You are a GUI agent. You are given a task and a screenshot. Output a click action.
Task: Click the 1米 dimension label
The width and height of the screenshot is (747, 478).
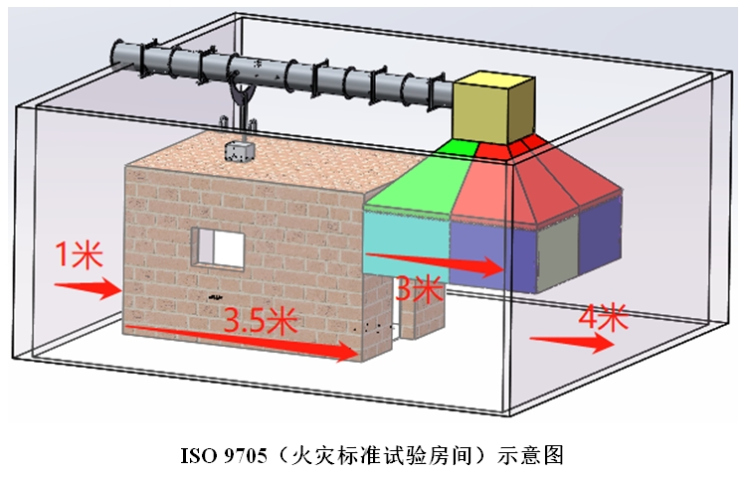coord(80,254)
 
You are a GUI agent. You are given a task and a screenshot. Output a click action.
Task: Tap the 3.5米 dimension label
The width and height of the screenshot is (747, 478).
coord(261,320)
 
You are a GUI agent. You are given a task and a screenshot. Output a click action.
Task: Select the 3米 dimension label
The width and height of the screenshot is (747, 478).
coord(419,288)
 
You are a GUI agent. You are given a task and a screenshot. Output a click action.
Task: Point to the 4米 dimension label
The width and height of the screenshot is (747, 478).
coord(603,318)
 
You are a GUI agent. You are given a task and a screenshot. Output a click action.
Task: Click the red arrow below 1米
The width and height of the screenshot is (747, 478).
coord(89,288)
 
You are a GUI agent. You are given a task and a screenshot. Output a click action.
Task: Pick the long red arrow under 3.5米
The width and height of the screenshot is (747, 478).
coord(242,342)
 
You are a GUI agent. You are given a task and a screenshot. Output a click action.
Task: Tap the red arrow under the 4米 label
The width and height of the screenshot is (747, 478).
coord(572,342)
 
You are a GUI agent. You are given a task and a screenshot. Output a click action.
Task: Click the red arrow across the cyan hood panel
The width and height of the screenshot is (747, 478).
coord(435,264)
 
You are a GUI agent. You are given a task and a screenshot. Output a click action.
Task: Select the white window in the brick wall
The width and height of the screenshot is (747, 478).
coord(218,247)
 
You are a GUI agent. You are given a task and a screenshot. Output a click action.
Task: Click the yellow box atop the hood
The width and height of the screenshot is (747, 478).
coord(493,107)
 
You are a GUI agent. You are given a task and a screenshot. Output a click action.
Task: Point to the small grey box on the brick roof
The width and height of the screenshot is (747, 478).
coord(239,151)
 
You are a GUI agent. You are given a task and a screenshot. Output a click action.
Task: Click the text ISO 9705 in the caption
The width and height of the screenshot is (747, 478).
coord(224,456)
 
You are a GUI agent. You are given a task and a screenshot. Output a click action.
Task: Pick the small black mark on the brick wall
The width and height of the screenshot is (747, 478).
coord(215,297)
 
